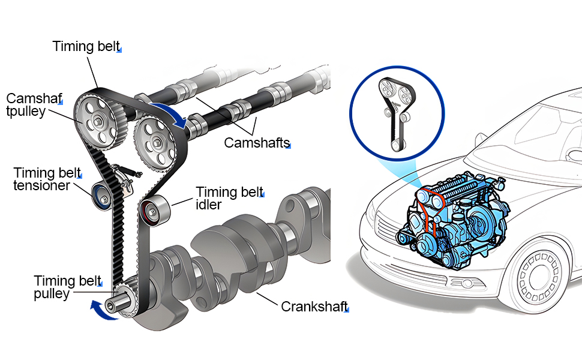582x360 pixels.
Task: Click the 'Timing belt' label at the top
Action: coord(86,46)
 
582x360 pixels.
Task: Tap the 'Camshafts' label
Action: coord(257,143)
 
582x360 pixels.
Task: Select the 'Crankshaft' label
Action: coord(314,307)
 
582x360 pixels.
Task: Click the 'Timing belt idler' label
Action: coord(230,198)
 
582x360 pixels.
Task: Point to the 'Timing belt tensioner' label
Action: coord(47,179)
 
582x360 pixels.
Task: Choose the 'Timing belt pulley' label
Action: coord(68,287)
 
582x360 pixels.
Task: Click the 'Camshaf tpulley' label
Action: coord(34,104)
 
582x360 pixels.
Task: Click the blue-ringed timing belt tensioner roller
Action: coord(101,196)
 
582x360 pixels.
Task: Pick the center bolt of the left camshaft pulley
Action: coord(98,121)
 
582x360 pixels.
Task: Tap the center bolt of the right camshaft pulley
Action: coord(157,142)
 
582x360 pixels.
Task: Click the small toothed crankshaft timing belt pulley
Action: coord(123,301)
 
